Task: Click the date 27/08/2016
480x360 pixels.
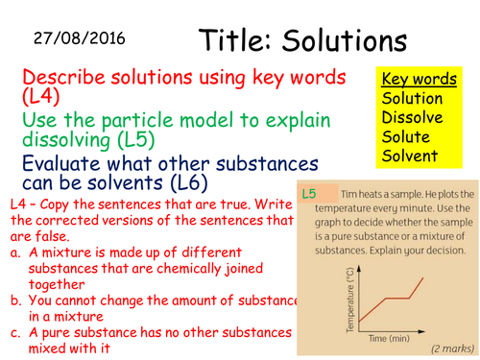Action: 79,39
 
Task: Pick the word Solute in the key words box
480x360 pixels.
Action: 408,137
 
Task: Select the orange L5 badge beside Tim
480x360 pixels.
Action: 310,194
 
